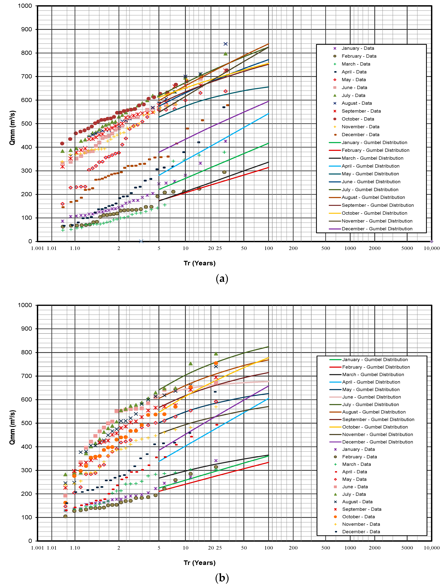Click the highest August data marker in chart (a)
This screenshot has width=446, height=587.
pos(225,44)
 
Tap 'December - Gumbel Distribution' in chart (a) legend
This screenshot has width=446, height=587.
pos(377,229)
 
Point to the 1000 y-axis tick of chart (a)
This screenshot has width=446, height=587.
pos(25,6)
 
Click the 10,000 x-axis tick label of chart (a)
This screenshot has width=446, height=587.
pos(431,248)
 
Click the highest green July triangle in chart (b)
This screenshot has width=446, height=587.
pos(216,353)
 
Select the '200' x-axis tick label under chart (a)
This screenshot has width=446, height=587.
pos(293,248)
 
